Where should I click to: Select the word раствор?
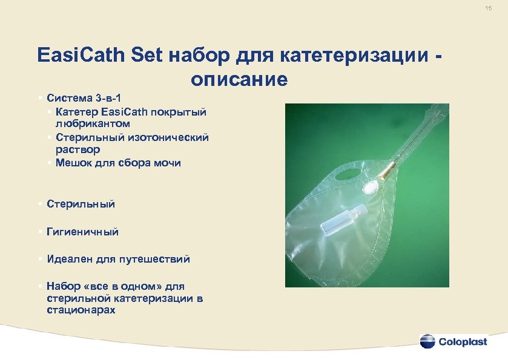(76, 149)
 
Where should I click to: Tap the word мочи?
(167, 163)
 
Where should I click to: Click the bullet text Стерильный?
(81, 205)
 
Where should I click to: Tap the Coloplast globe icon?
(427, 341)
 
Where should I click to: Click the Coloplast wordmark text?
(466, 341)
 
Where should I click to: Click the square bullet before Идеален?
(39, 259)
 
